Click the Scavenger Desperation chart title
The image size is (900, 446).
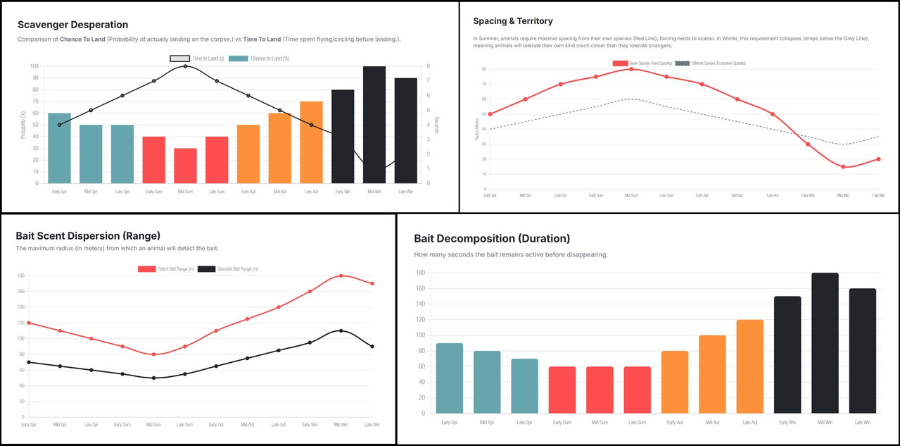(73, 25)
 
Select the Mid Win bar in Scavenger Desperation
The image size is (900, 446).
(374, 125)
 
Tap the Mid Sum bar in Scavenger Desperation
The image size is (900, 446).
(186, 166)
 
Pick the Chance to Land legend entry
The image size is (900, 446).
(259, 58)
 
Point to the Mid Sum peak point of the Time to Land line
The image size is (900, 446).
(186, 66)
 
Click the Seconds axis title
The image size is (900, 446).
(436, 125)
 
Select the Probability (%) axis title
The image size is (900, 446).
(23, 125)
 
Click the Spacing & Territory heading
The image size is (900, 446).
(513, 21)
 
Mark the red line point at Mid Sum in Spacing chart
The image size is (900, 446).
(631, 69)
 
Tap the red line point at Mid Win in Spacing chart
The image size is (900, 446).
(843, 167)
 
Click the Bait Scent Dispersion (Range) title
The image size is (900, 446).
(88, 235)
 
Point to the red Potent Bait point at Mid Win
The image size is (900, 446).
(341, 275)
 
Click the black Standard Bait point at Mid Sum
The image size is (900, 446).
(153, 378)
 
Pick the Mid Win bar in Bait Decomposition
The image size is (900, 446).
(825, 343)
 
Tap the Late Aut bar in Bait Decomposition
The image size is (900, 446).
(749, 366)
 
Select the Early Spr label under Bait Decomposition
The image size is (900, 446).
(450, 422)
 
